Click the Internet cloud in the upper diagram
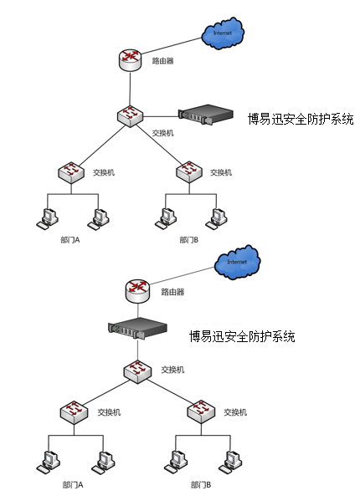(223, 33)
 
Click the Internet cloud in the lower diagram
(237, 262)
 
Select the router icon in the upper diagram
(130, 59)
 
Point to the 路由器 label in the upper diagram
(162, 61)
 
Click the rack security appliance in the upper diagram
(206, 115)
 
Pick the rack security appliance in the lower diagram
(137, 328)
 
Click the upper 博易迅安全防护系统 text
(301, 119)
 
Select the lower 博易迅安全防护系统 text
(242, 336)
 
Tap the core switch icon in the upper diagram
(130, 116)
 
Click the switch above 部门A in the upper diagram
(71, 172)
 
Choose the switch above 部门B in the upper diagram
(189, 172)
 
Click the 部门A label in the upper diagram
(70, 240)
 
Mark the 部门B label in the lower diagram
(201, 485)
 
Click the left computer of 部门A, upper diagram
(48, 218)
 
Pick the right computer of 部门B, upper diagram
(217, 218)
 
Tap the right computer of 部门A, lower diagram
(103, 463)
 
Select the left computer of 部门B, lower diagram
(176, 462)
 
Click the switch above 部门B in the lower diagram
(201, 412)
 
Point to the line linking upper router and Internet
(171, 46)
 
